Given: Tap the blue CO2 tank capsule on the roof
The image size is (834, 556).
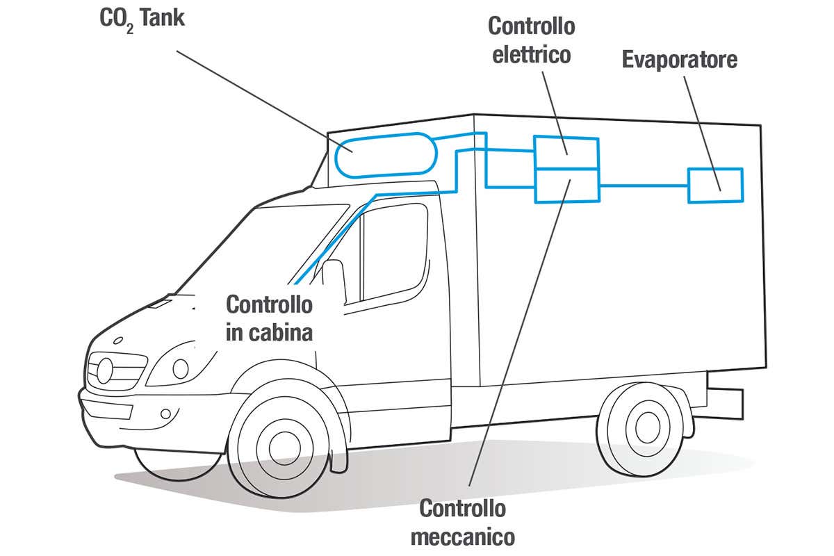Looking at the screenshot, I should (383, 155).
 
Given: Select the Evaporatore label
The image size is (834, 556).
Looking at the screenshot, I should (679, 60).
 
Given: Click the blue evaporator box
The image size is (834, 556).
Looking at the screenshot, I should (715, 185).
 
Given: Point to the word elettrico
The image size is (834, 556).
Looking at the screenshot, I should (532, 54).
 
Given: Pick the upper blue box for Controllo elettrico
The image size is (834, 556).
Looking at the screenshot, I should (566, 152).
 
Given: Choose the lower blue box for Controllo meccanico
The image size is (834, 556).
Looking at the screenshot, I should (566, 186).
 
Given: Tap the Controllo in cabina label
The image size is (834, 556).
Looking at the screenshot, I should (269, 318).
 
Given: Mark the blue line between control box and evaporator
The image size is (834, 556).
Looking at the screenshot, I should (643, 185).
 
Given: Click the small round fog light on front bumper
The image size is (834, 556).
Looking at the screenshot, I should (165, 414).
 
